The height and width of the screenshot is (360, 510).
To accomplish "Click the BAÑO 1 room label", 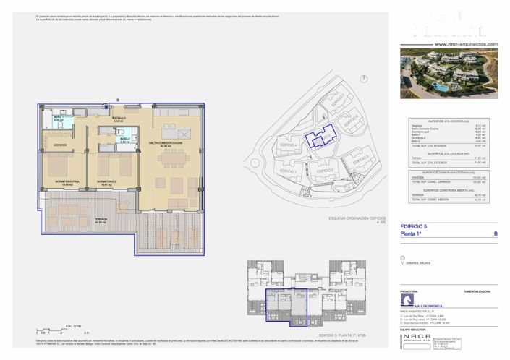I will click(x=56, y=119).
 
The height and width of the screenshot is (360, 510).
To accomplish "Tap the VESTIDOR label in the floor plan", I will click(x=59, y=145).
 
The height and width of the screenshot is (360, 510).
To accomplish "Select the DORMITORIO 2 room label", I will click(x=108, y=181).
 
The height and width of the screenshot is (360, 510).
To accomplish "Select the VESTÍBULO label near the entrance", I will click(x=119, y=119).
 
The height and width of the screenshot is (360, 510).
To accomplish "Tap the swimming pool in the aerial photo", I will click(x=440, y=85).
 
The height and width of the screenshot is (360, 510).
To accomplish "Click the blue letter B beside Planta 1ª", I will click(x=495, y=234).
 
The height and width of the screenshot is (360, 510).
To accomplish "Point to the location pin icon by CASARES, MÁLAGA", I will click(x=403, y=261).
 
